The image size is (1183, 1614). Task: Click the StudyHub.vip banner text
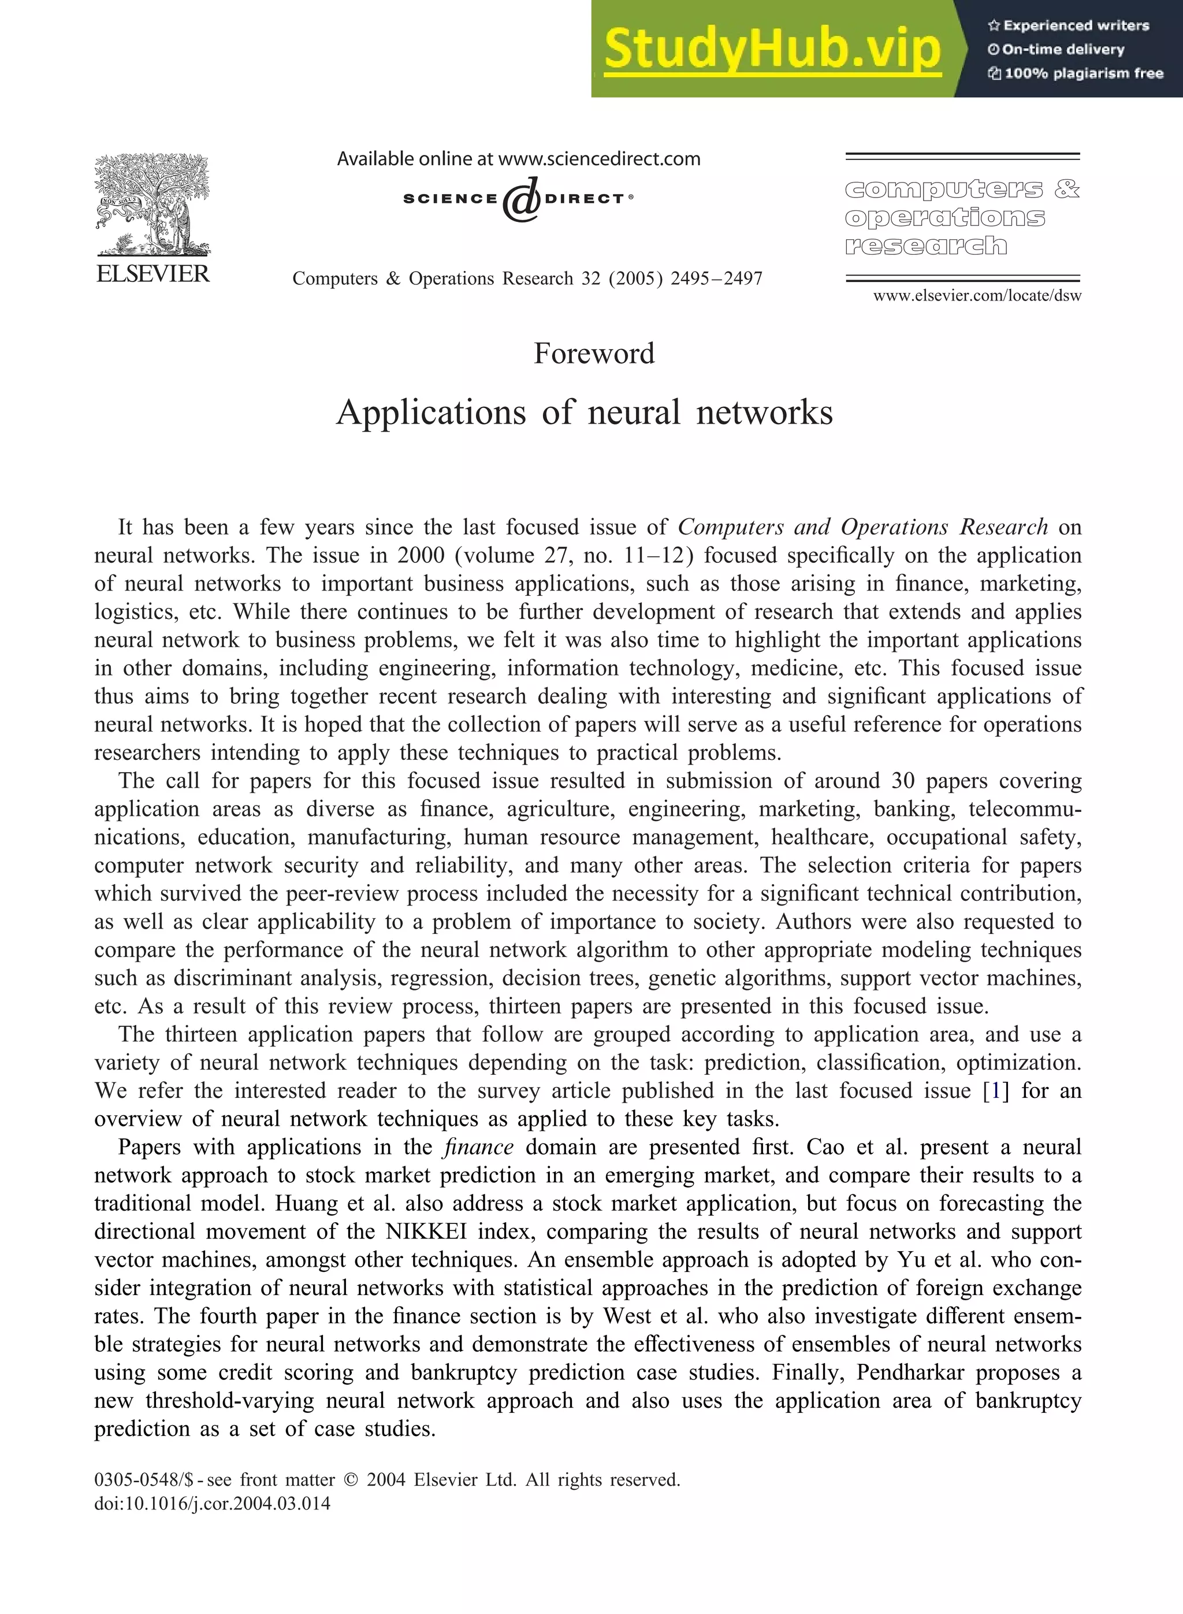point(771,49)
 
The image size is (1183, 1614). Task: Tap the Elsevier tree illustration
point(152,204)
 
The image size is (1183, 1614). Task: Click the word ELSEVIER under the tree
point(152,274)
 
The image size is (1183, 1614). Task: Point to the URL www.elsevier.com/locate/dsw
point(977,296)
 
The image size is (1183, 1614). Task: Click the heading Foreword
point(594,354)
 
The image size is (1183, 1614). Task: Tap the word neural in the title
point(634,413)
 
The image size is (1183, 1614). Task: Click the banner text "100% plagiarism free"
point(1082,73)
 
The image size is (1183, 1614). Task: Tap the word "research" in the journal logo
point(925,246)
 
